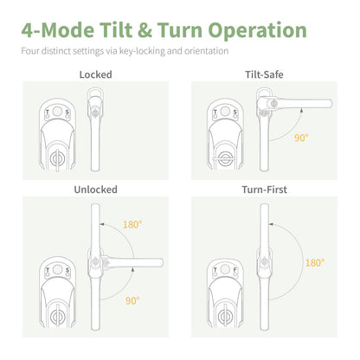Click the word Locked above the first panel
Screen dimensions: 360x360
pyautogui.click(x=96, y=74)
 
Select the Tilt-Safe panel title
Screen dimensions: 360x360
pyautogui.click(x=265, y=74)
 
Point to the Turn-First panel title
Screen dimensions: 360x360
pyautogui.click(x=265, y=189)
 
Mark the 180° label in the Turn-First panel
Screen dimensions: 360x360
pyautogui.click(x=315, y=261)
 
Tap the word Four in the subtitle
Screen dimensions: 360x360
pyautogui.click(x=31, y=50)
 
